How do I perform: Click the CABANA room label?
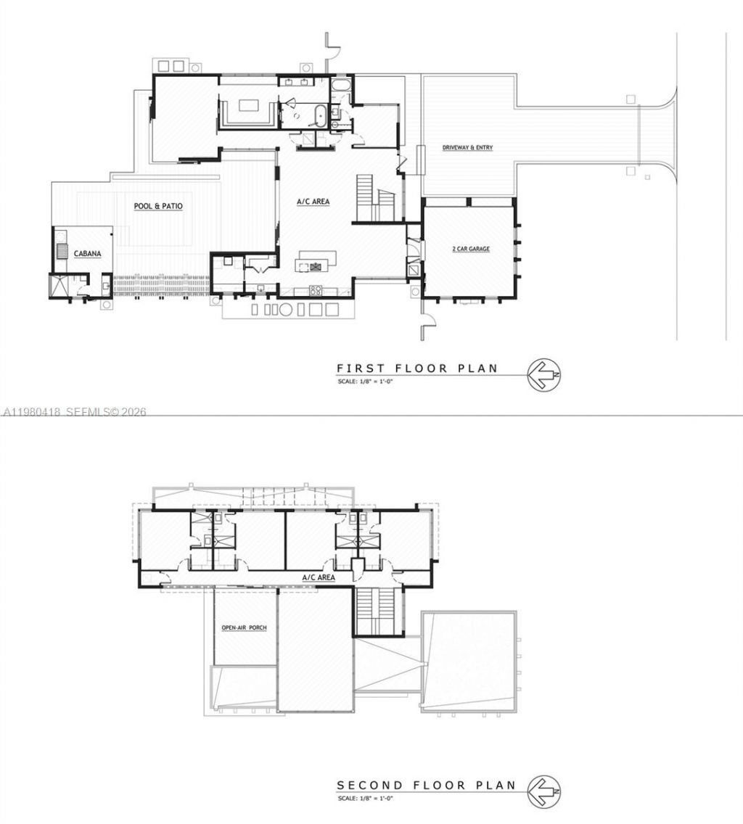87,254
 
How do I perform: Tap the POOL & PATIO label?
158,207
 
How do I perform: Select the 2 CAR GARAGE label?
469,250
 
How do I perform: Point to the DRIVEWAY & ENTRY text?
468,148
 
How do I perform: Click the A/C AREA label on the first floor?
313,202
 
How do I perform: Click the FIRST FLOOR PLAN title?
417,368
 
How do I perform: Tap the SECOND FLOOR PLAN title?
426,785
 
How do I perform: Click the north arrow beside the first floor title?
543,376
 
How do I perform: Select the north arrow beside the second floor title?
543,792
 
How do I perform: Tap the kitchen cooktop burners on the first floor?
316,291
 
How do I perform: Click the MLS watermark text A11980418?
32,412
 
